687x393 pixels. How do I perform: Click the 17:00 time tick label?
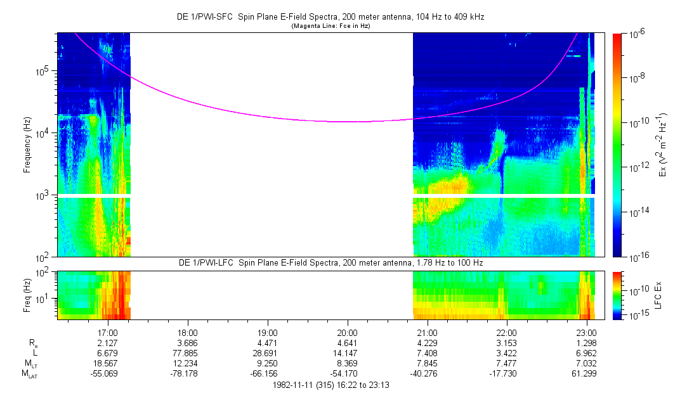tap(108, 332)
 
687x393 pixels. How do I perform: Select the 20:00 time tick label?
tap(347, 332)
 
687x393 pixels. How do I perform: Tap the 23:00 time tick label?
tap(587, 332)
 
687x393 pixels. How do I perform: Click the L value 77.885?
tap(188, 352)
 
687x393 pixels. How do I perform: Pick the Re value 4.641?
tap(347, 342)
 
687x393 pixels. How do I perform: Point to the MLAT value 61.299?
tap(587, 373)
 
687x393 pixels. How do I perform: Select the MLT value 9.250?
tap(268, 363)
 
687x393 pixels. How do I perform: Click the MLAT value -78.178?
tap(188, 373)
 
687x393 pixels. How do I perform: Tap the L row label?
tap(31, 352)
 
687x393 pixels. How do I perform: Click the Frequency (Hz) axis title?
tap(27, 145)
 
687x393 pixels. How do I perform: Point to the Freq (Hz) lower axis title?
tap(27, 294)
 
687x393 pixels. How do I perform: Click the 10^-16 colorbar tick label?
tap(636, 257)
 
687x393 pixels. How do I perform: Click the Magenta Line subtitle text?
tap(330, 26)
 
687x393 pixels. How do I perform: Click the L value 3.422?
tap(507, 352)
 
